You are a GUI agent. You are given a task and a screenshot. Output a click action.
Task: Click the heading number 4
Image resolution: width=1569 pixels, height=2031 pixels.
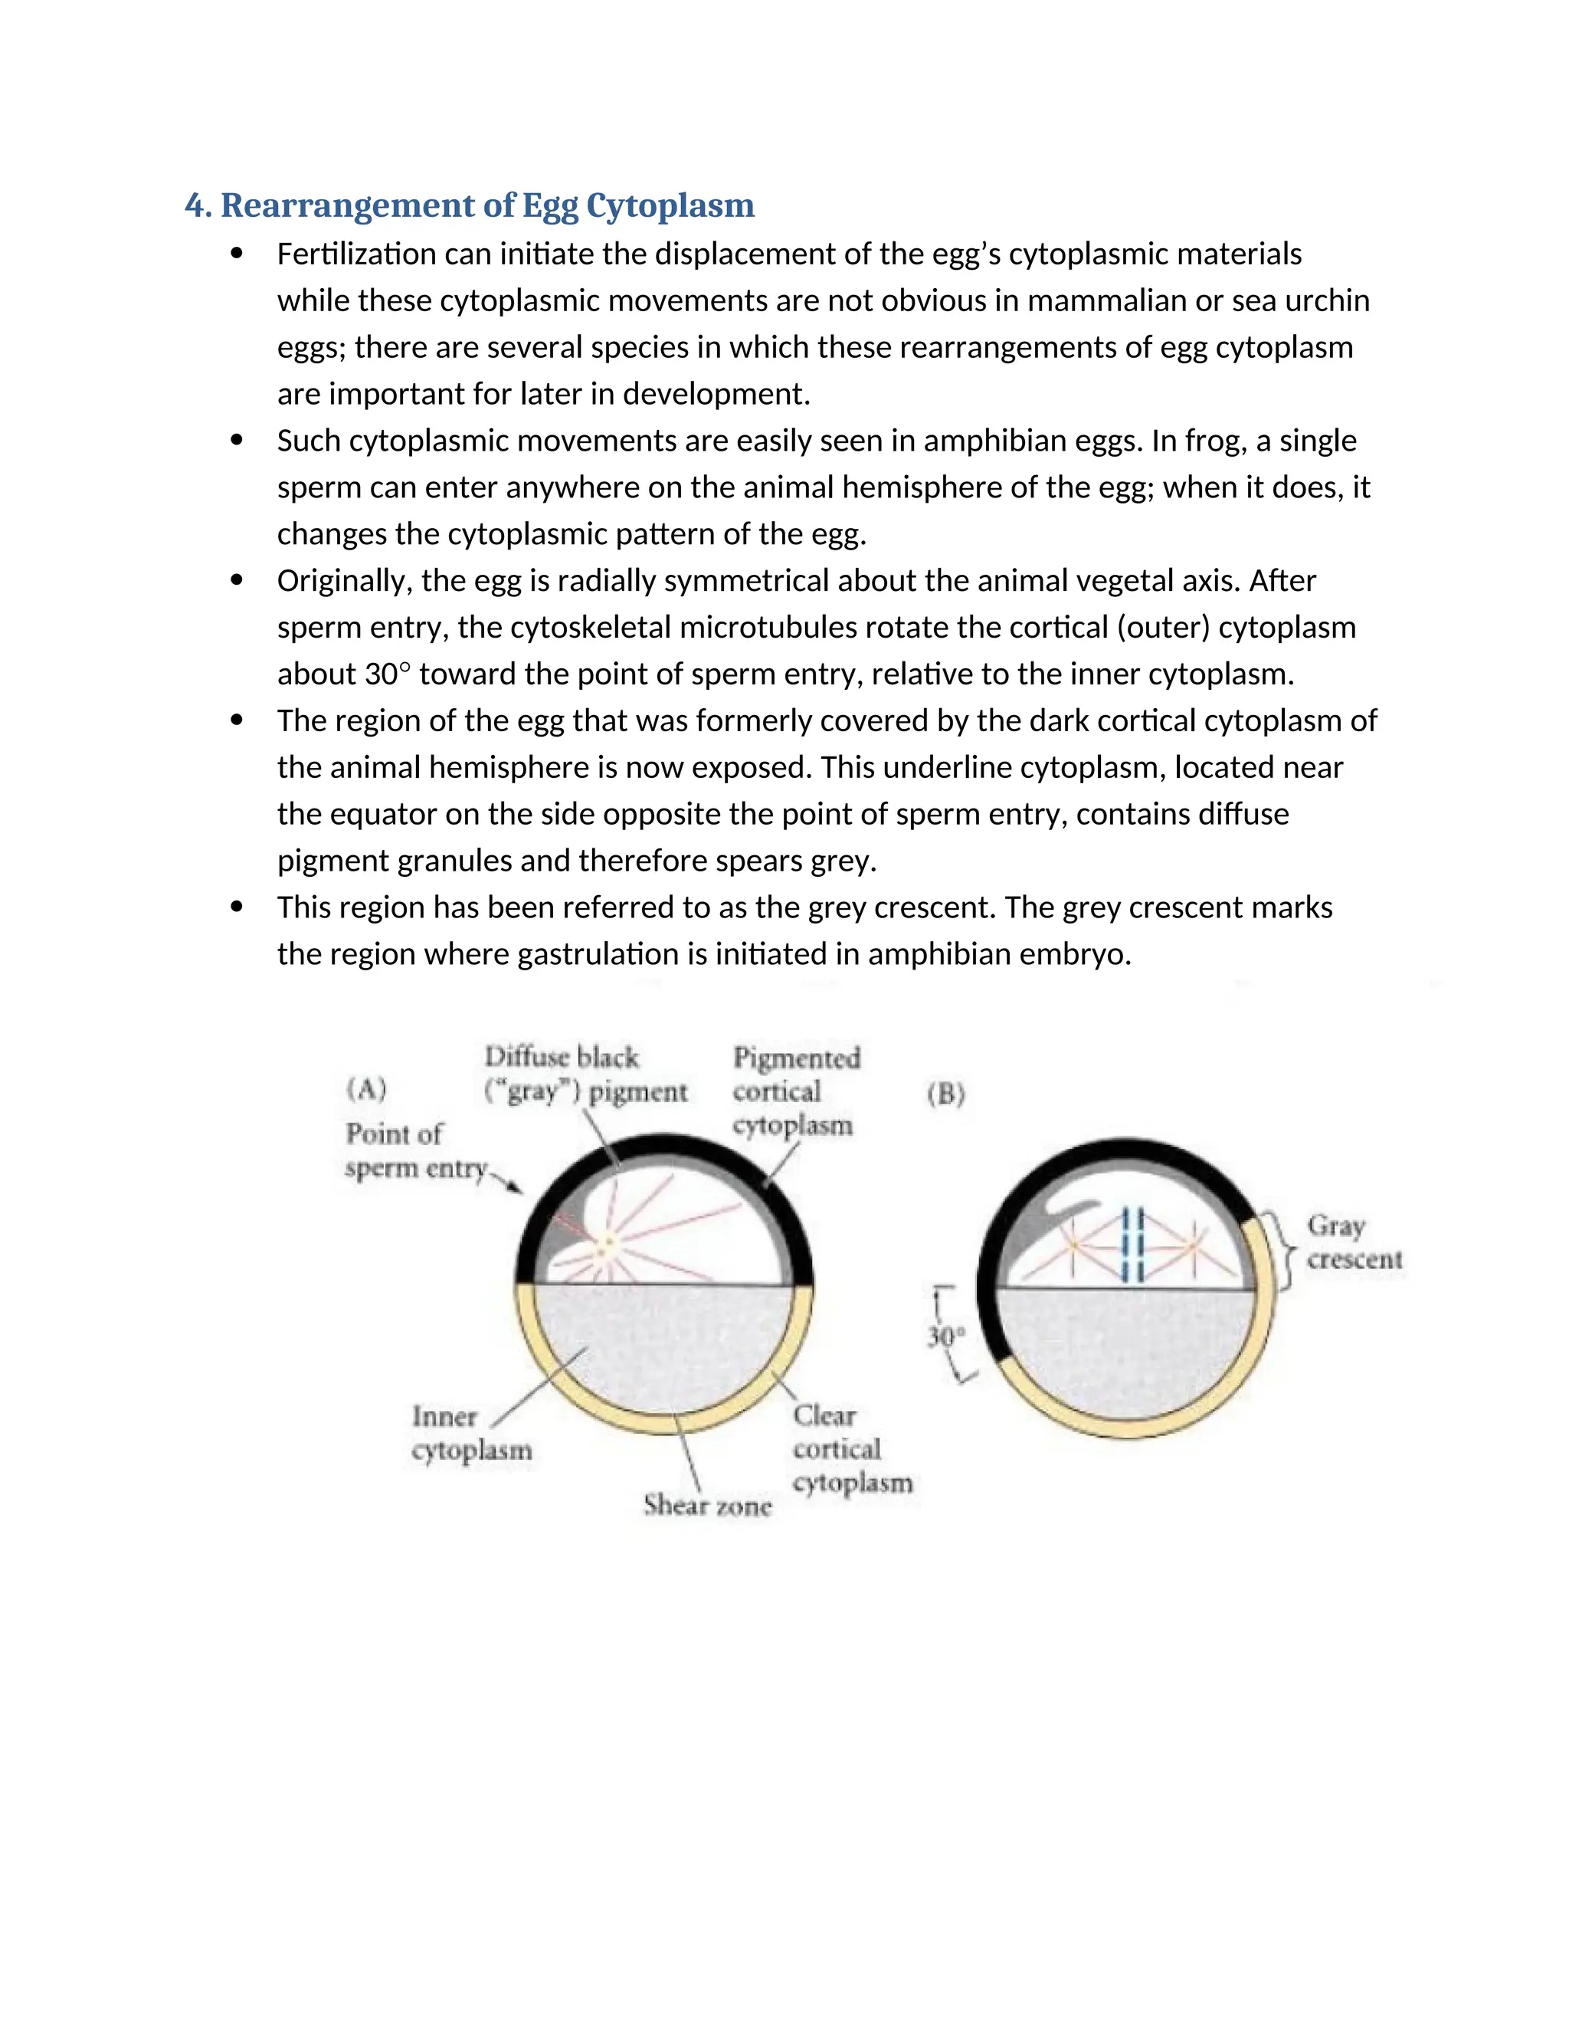point(196,205)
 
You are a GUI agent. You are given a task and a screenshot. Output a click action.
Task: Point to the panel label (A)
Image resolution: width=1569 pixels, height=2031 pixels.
point(366,1089)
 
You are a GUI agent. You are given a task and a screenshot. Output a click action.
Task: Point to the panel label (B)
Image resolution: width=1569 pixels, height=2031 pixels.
point(945,1094)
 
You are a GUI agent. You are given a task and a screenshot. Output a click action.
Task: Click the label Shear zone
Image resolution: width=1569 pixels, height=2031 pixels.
point(707,1504)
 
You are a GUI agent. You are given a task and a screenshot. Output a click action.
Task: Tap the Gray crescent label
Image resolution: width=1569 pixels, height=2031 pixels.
point(1354,1242)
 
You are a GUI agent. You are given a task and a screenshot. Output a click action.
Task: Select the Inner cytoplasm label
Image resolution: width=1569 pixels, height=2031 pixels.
point(471,1433)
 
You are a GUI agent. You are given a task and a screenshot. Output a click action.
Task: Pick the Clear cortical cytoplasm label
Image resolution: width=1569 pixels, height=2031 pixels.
point(850,1448)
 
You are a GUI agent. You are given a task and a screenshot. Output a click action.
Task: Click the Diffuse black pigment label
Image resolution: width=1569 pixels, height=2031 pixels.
point(585,1074)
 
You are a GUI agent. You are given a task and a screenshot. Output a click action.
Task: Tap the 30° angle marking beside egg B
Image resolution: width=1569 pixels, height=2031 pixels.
point(946,1337)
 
